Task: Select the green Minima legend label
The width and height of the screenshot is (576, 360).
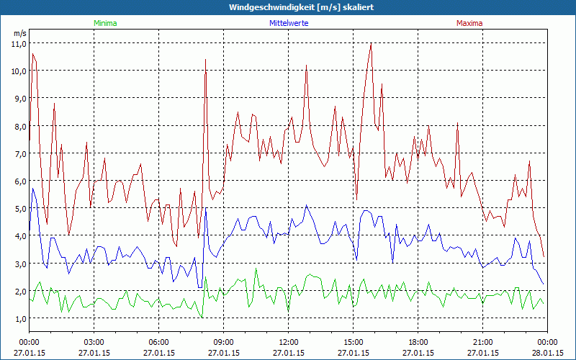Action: click(x=105, y=23)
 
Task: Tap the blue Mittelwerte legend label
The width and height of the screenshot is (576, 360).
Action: click(x=289, y=23)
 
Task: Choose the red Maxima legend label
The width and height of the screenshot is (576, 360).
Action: click(x=469, y=23)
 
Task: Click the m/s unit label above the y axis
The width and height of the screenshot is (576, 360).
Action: click(x=19, y=33)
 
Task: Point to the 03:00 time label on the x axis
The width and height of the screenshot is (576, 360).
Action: click(x=94, y=342)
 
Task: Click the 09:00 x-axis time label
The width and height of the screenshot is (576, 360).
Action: click(x=223, y=342)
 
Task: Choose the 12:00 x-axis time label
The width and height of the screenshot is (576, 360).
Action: click(x=288, y=342)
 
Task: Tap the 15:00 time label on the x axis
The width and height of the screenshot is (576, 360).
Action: click(x=353, y=342)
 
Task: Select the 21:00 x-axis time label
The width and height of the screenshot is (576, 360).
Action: click(x=482, y=342)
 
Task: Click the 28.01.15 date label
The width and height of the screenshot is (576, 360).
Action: click(x=547, y=353)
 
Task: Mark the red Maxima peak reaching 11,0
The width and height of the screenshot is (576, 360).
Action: click(x=371, y=44)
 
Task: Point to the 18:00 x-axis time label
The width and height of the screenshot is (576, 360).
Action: click(x=418, y=342)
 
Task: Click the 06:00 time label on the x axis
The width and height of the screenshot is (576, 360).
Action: click(x=158, y=342)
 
